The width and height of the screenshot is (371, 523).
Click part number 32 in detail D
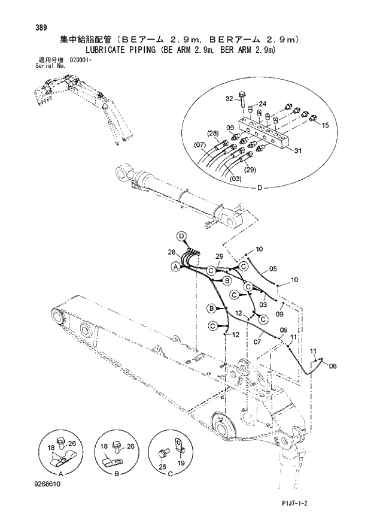click(x=229, y=98)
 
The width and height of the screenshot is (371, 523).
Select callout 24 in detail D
click(x=262, y=104)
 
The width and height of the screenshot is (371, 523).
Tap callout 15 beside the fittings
click(x=326, y=125)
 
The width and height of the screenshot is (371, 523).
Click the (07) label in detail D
click(x=200, y=144)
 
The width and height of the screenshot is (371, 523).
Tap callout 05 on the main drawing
click(x=272, y=268)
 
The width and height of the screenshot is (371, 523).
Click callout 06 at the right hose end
click(x=333, y=365)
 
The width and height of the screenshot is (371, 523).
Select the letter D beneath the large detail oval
click(x=259, y=188)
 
